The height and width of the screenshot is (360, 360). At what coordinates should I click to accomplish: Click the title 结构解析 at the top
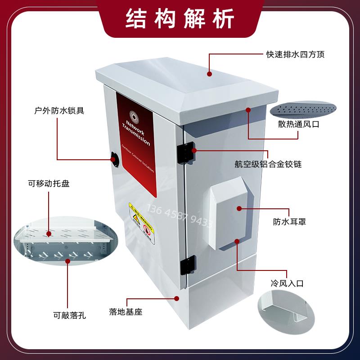coord(180,18)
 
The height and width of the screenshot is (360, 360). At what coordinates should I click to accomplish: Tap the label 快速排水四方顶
coord(295,55)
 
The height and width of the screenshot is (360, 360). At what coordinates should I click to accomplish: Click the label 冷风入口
coord(287,283)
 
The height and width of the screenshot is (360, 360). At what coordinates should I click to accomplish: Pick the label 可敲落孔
coord(69,315)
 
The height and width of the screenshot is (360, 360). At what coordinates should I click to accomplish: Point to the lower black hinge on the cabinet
coord(188,266)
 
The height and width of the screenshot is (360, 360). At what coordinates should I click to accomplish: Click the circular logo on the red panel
coord(133,114)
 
